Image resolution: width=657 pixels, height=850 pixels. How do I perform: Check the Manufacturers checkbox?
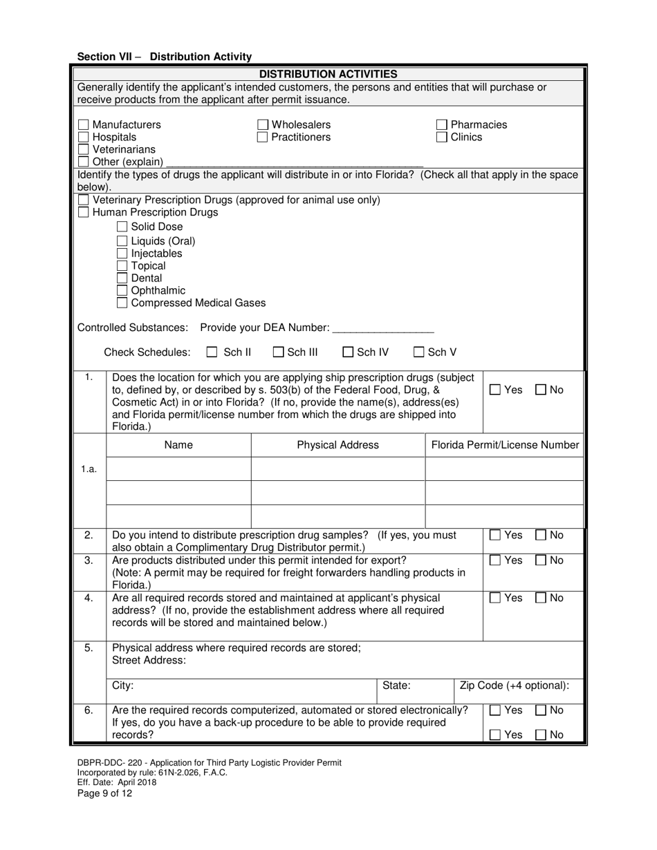point(83,125)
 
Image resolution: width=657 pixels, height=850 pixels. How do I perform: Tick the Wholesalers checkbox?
point(263,125)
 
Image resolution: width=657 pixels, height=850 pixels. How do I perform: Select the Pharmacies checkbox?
point(442,125)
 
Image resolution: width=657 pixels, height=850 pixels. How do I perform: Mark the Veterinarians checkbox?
point(83,149)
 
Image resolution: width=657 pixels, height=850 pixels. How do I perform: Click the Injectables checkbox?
point(122,254)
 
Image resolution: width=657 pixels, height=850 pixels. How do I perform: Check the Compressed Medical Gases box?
point(122,303)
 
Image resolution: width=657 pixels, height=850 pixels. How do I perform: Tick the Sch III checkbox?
point(278,352)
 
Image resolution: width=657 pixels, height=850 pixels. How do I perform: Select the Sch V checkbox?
point(419,352)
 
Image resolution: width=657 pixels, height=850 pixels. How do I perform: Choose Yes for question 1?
point(495,390)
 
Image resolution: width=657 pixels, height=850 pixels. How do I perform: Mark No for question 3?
point(541,560)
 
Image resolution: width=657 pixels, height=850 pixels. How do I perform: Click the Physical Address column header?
point(337,445)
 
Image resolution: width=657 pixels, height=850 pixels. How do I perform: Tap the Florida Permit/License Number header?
point(505,445)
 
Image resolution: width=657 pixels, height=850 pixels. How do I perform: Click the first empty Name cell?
point(178,469)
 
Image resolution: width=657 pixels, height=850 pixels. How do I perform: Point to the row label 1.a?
point(89,469)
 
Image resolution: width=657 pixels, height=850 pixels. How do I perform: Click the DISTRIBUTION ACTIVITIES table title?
point(328,74)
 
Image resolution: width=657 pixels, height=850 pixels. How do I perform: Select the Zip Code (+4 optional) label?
point(515,686)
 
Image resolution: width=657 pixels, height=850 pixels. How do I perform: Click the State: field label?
point(397,686)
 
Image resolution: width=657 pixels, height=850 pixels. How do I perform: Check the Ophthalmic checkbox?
point(122,290)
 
